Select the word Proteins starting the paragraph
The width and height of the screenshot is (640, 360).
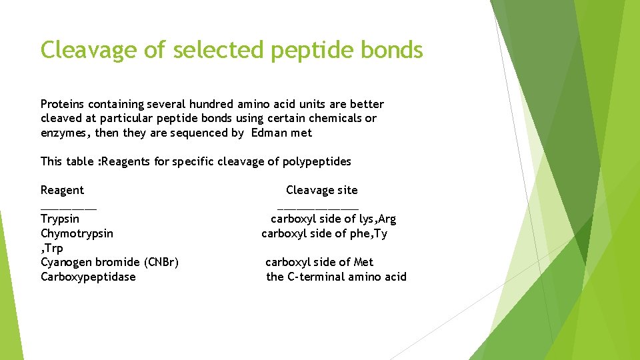(63, 104)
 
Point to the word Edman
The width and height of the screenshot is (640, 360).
(268, 133)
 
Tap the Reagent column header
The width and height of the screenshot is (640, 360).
(62, 190)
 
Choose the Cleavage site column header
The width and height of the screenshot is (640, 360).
(321, 190)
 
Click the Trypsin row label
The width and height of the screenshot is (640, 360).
(60, 219)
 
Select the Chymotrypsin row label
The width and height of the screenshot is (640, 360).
(77, 233)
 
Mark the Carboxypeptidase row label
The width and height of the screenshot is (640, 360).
(88, 277)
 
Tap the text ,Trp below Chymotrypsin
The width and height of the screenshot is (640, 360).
(52, 248)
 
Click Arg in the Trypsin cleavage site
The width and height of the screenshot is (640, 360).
(387, 219)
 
